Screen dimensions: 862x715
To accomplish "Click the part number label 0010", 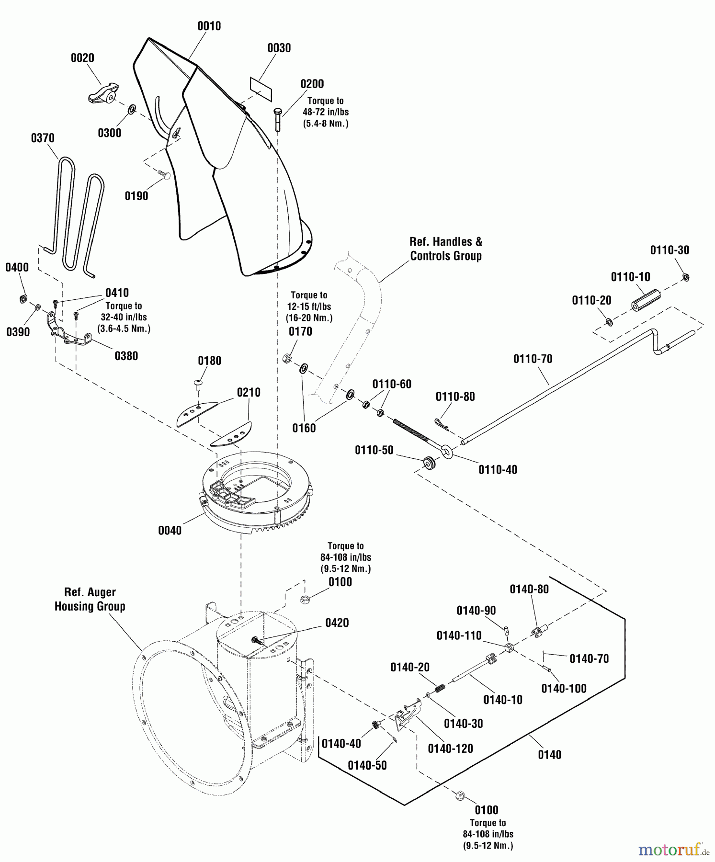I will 209,26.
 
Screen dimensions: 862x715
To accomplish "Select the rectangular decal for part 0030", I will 261,89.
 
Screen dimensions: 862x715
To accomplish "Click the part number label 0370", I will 43,138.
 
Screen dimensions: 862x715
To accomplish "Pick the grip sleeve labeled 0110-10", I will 645,300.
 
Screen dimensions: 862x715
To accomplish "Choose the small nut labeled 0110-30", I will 686,277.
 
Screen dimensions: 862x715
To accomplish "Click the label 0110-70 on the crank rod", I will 533,359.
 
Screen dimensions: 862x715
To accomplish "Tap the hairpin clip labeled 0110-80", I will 441,424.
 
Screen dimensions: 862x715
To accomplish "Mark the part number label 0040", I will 170,530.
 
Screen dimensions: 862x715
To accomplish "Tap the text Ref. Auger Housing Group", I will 90,599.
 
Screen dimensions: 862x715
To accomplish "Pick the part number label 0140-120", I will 450,749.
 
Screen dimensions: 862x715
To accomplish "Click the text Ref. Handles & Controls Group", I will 446,249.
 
